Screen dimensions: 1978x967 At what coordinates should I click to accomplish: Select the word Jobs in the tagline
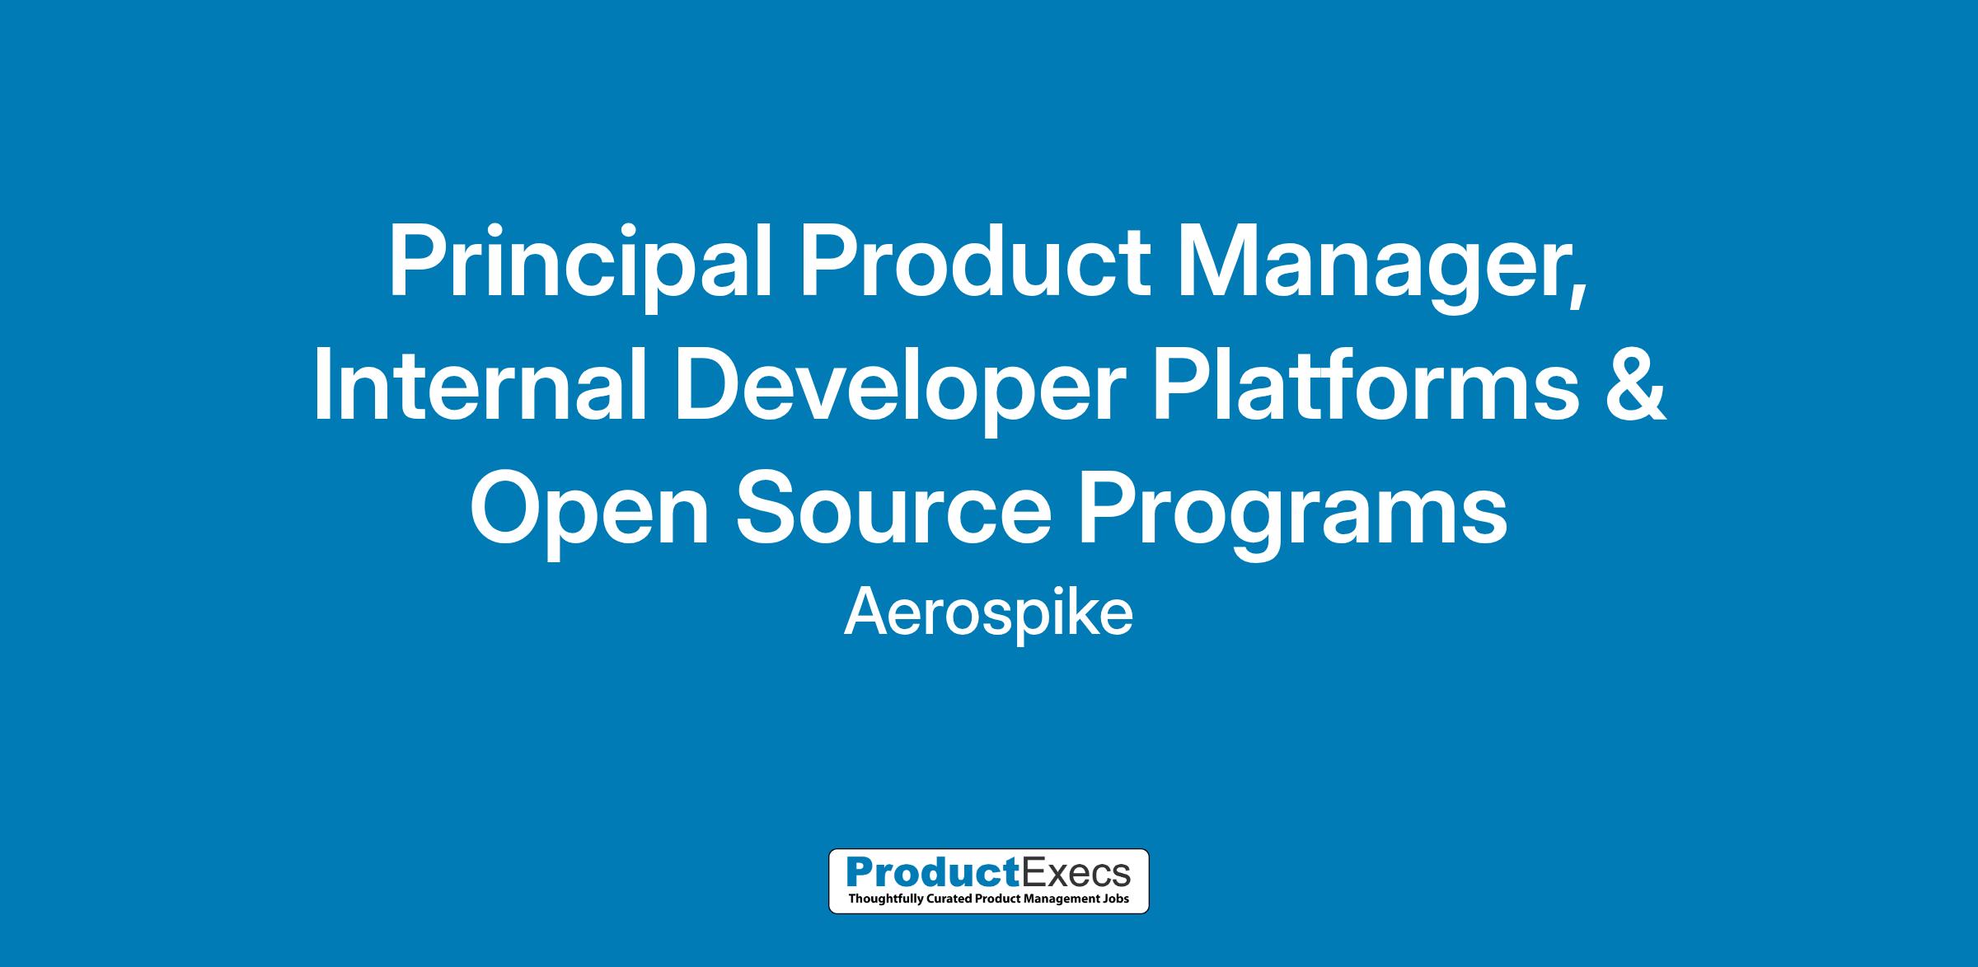(1114, 898)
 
